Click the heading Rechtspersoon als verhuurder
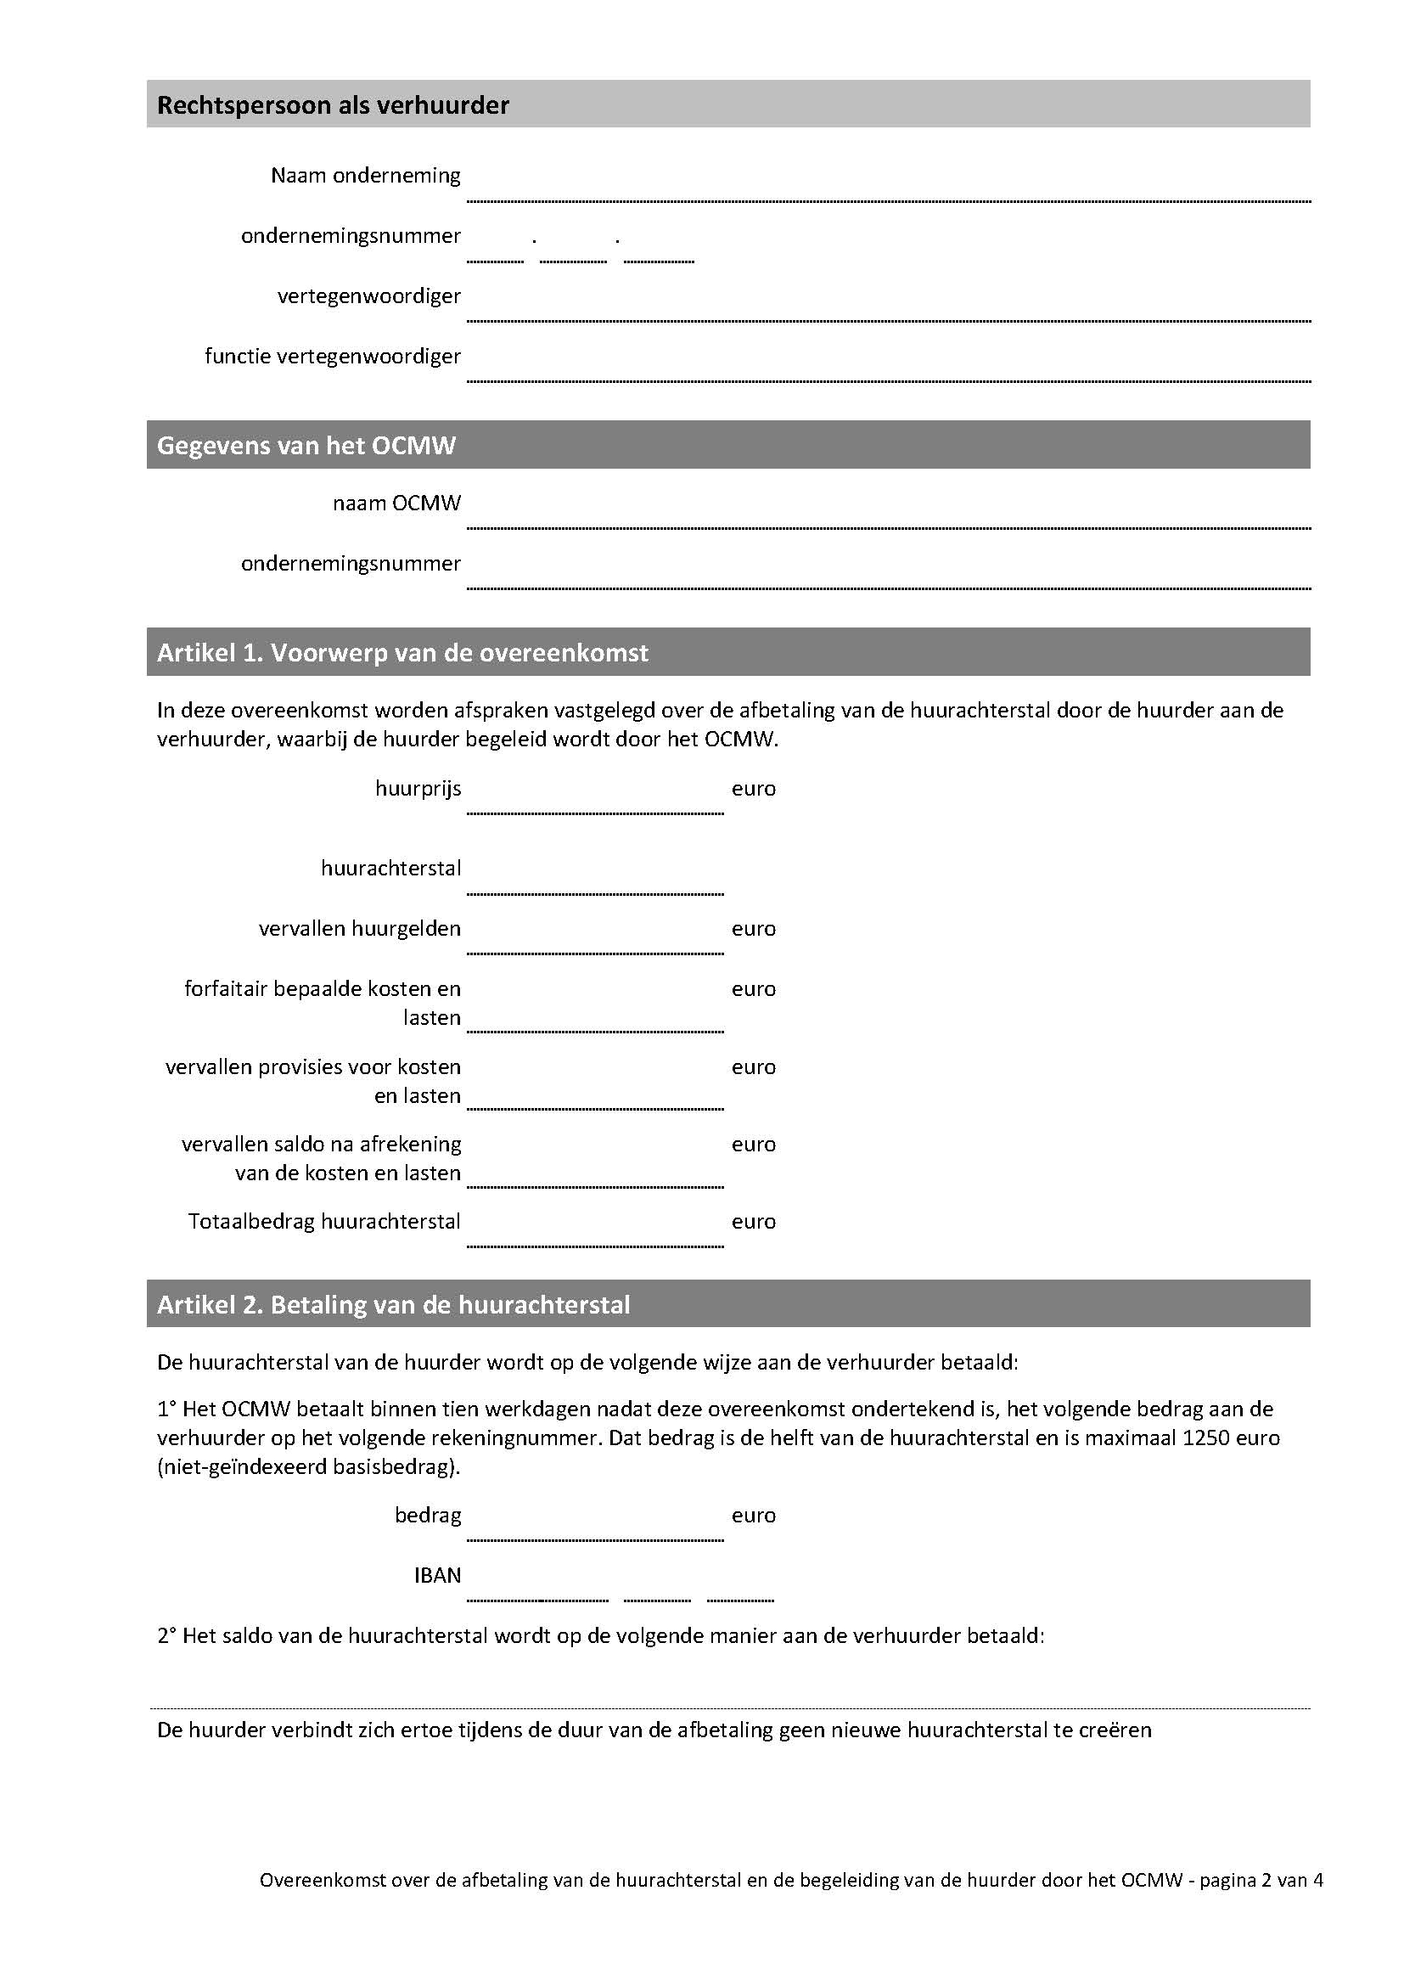(x=333, y=105)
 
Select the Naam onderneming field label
(x=366, y=176)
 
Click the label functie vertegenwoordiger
(x=333, y=357)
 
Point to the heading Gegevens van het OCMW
(x=306, y=446)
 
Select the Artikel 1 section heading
(x=402, y=652)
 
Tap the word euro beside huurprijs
(x=753, y=789)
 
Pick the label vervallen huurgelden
(x=360, y=929)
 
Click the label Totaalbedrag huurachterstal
(x=324, y=1221)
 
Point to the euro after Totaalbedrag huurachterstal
(x=753, y=1222)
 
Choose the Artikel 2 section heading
(x=393, y=1304)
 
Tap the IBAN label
(x=437, y=1575)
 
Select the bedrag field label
(x=428, y=1515)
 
